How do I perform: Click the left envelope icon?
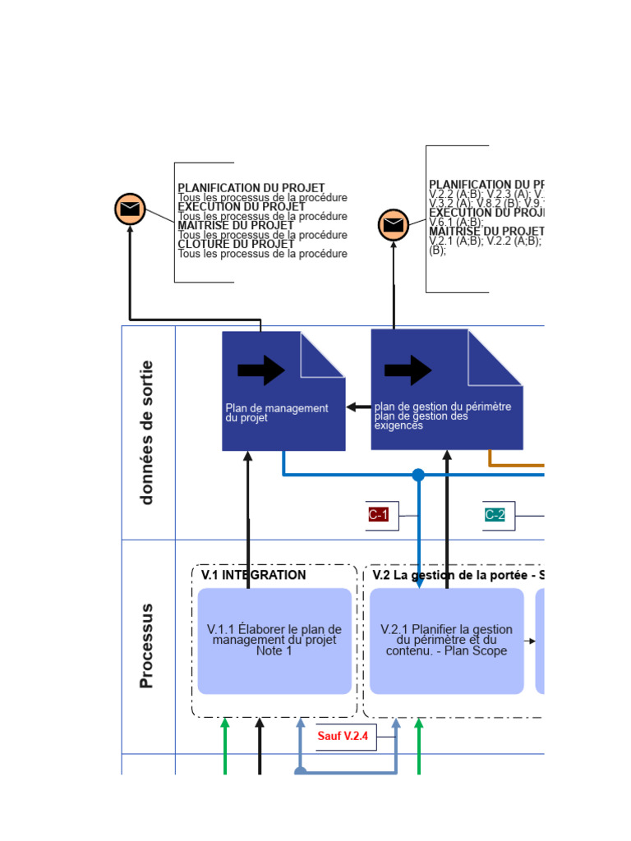click(x=130, y=209)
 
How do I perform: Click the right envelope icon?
click(x=394, y=224)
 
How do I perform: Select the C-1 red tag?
click(x=378, y=515)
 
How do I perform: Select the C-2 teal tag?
click(x=495, y=515)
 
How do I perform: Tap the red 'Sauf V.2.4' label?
click(x=343, y=736)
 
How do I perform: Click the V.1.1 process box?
click(x=274, y=641)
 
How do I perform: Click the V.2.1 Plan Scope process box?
click(x=446, y=641)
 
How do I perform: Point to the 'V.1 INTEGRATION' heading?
click(x=253, y=575)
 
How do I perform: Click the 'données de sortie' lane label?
click(x=147, y=432)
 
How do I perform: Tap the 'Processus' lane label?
click(x=147, y=646)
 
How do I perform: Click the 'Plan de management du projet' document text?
click(x=277, y=412)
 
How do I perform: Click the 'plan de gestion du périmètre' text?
click(x=443, y=407)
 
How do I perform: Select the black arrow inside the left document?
click(x=261, y=370)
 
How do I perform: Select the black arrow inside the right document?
click(x=408, y=370)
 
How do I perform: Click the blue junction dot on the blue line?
click(x=418, y=475)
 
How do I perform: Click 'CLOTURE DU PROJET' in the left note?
click(x=236, y=244)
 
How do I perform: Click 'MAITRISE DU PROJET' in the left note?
click(x=235, y=225)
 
